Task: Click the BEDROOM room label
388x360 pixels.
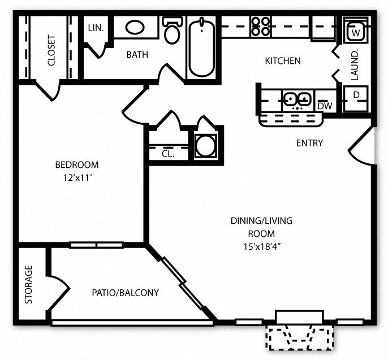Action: [76, 165]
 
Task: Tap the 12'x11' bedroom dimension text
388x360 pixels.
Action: [76, 176]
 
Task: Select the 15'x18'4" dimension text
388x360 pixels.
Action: [261, 245]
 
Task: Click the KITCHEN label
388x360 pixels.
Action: [283, 60]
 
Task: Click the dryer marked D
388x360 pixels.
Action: [356, 96]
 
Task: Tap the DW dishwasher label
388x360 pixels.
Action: [324, 106]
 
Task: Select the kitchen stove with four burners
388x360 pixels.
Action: [261, 26]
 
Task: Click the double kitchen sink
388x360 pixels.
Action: [296, 99]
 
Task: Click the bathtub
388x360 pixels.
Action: [201, 47]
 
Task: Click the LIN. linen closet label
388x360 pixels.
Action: [96, 28]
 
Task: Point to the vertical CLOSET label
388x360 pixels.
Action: [51, 50]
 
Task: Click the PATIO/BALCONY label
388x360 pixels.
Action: [125, 293]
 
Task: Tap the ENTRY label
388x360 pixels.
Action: [309, 143]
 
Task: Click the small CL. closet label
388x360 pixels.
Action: [168, 153]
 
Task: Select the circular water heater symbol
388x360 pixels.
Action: [205, 146]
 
